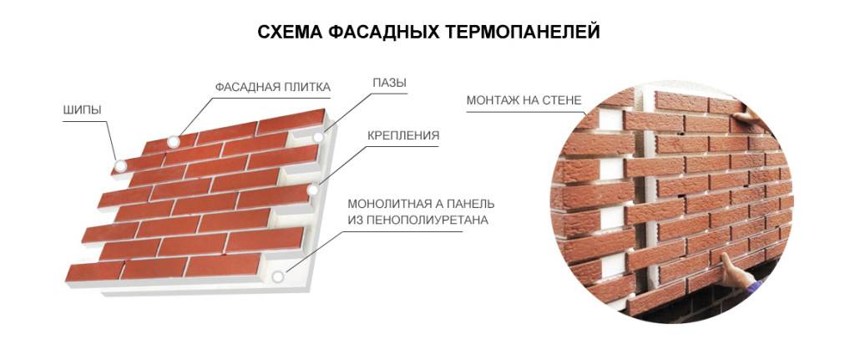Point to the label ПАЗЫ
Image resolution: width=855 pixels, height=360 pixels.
tap(389, 84)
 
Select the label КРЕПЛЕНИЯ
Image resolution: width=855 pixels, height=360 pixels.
tap(403, 136)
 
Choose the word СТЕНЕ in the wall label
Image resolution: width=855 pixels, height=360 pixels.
tap(563, 101)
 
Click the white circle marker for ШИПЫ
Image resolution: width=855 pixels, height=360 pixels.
tap(120, 166)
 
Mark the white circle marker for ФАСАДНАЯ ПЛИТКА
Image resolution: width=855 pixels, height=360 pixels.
tap(174, 142)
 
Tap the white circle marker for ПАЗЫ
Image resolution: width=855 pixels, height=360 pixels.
tap(318, 137)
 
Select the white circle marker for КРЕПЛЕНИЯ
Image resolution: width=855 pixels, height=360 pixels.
tap(313, 190)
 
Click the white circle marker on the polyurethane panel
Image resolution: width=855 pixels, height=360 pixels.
tap(278, 276)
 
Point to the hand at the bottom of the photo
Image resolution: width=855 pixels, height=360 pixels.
tap(733, 273)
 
